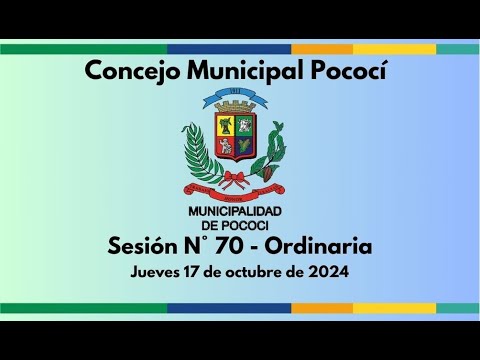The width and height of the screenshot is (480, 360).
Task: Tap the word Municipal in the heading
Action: (237, 70)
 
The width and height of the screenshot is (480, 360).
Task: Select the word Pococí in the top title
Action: (347, 70)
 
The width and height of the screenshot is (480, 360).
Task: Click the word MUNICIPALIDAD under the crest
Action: (235, 211)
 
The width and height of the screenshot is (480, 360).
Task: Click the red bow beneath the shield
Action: (234, 180)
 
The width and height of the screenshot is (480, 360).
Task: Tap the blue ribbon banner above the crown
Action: (234, 100)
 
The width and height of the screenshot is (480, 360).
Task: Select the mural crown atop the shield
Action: (234, 109)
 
